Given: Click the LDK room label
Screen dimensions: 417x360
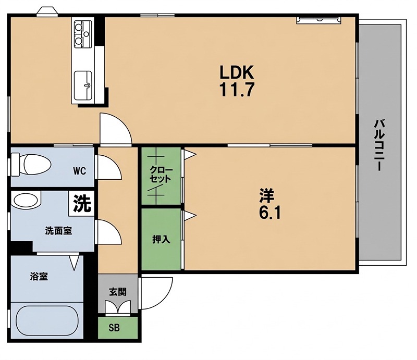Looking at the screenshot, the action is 237,72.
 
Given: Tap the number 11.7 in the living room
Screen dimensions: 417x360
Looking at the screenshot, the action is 237,90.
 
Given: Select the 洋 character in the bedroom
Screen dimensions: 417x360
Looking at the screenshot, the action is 267,195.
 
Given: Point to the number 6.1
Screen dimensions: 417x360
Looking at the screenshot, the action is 269,213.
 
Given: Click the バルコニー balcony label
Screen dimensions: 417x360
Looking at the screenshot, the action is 379,145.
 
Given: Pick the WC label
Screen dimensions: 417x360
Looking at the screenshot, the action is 80,171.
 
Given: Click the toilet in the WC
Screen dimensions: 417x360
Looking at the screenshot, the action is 31,164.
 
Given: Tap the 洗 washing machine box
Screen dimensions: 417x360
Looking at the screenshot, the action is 82,203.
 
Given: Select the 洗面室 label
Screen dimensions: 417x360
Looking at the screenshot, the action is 58,230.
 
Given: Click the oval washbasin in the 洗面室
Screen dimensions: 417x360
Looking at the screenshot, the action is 26,200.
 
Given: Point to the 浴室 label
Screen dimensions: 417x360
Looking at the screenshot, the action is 39,277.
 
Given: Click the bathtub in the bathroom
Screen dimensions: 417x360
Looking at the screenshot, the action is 47,320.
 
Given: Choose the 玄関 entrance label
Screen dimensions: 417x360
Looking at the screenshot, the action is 118,292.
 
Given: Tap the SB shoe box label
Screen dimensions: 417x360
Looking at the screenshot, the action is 114,328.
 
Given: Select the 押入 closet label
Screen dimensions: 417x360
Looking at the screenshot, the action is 161,239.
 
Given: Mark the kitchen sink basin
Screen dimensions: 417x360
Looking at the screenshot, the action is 83,85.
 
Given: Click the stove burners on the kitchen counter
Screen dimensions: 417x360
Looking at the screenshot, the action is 82,34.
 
